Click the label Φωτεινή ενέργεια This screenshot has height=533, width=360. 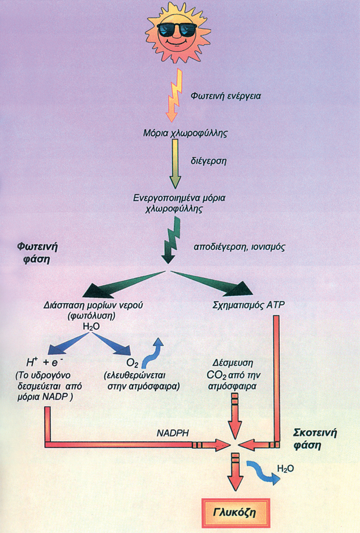[x=226, y=96]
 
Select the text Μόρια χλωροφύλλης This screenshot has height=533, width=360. [x=185, y=133]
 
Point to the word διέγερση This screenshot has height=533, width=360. [x=208, y=161]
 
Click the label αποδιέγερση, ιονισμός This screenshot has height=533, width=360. [x=239, y=247]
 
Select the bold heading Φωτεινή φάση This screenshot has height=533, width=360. [x=37, y=253]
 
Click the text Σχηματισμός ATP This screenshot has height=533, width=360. [x=249, y=305]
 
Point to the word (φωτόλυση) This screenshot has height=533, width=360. [x=91, y=316]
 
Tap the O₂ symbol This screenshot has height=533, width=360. [x=132, y=363]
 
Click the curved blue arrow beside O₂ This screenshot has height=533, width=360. [x=153, y=353]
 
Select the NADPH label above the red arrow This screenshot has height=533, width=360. [x=173, y=433]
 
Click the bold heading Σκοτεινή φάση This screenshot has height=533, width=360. [x=315, y=439]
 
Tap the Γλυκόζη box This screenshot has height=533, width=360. [x=235, y=513]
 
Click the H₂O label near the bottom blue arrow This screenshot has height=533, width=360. [x=286, y=469]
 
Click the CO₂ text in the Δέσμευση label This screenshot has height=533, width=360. [x=214, y=376]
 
